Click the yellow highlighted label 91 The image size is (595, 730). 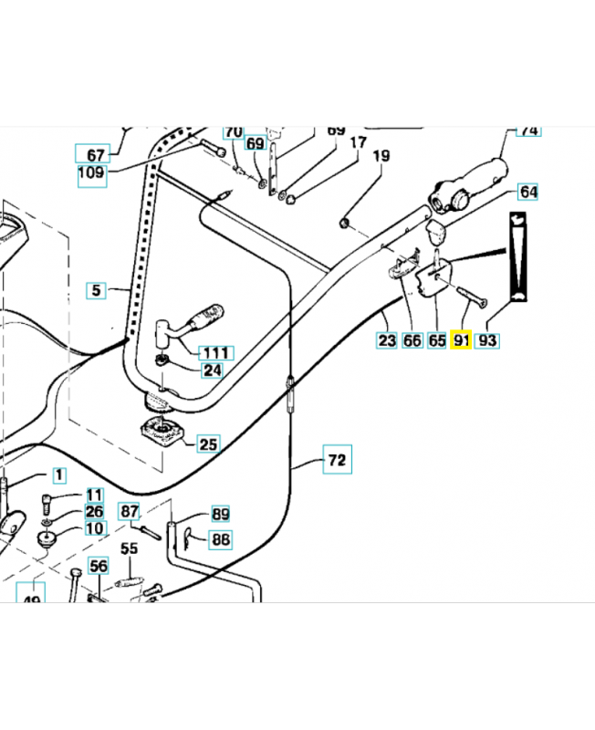tap(461, 340)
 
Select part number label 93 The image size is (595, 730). tap(487, 340)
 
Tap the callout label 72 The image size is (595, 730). tap(337, 461)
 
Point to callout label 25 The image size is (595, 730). tap(209, 444)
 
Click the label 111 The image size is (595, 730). tap(216, 352)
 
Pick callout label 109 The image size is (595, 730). tap(92, 172)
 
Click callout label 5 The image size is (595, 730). tap(97, 291)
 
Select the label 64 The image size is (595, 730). tap(528, 192)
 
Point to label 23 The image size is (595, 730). tap(387, 340)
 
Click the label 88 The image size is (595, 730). tap(221, 539)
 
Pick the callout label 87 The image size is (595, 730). tap(130, 512)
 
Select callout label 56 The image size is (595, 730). tap(99, 567)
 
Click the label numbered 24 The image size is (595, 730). tap(213, 370)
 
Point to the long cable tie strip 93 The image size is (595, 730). tap(517, 257)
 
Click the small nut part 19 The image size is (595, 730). tap(344, 222)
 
